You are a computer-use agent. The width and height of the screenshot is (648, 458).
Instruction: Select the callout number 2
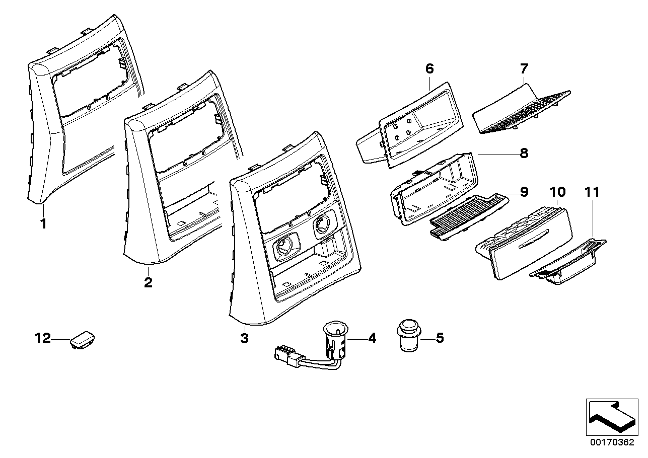[148, 282]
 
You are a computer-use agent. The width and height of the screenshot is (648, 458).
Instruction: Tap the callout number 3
[244, 339]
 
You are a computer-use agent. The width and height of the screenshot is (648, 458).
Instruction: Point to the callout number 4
[372, 338]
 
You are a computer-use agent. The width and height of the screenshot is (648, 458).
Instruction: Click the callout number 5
[440, 338]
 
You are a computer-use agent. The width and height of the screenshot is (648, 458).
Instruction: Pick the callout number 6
[429, 69]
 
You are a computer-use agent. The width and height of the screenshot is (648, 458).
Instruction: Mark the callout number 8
[524, 153]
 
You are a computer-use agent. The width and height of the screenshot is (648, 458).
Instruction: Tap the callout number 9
[524, 191]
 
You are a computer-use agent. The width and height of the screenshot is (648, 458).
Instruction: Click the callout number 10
[557, 192]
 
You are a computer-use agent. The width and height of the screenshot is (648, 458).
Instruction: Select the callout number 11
[593, 192]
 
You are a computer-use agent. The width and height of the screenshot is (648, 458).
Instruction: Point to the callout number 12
[43, 338]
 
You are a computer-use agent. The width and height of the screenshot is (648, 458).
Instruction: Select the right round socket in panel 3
[323, 225]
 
